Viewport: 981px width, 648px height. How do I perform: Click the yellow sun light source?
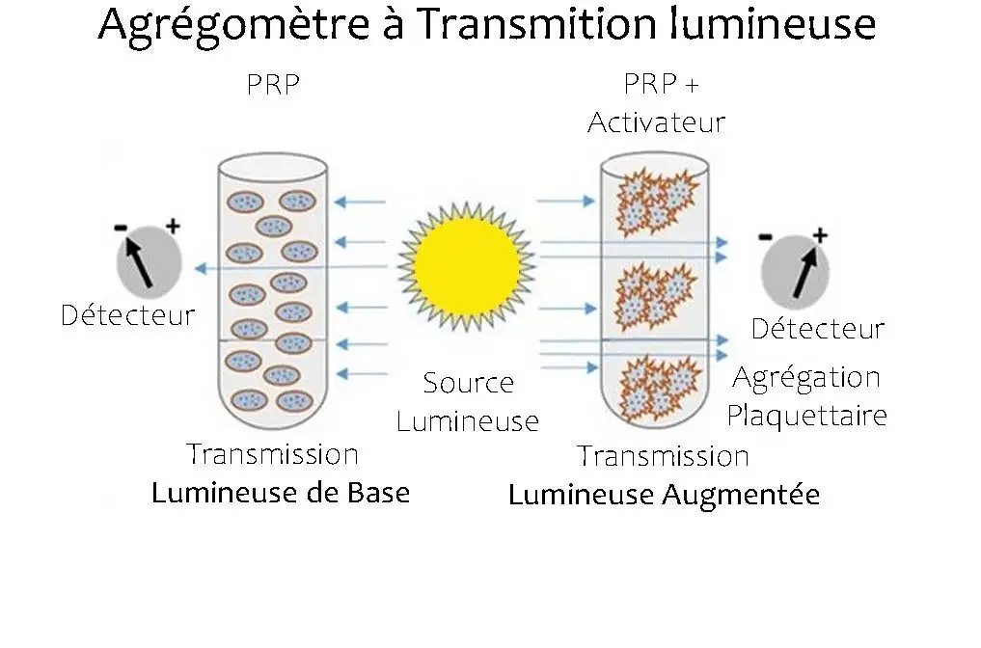coord(467,265)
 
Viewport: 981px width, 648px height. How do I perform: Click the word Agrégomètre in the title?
coord(232,25)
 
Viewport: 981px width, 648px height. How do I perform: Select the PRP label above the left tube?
coord(273,85)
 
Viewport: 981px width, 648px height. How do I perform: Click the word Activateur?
coord(656,121)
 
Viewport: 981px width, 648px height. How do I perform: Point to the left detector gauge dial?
coord(149,262)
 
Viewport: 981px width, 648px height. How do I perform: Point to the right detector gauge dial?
coord(795,272)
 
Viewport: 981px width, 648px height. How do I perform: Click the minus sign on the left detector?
coord(121,228)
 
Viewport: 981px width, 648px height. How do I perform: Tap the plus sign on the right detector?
coord(820,235)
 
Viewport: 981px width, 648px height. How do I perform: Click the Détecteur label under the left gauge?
coord(128,314)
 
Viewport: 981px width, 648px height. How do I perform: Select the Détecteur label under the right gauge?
coord(818,329)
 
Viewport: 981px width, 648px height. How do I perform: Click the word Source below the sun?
coord(468,383)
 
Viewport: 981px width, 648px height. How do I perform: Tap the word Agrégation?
coord(806,378)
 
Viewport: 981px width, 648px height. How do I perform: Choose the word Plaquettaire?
coord(807,416)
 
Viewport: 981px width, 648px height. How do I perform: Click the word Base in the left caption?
coord(378,493)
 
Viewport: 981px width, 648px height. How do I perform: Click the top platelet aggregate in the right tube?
coord(655,201)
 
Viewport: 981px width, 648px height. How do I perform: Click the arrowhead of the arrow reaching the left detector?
coord(201,269)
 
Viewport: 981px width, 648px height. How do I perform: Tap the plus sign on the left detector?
coord(173,226)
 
